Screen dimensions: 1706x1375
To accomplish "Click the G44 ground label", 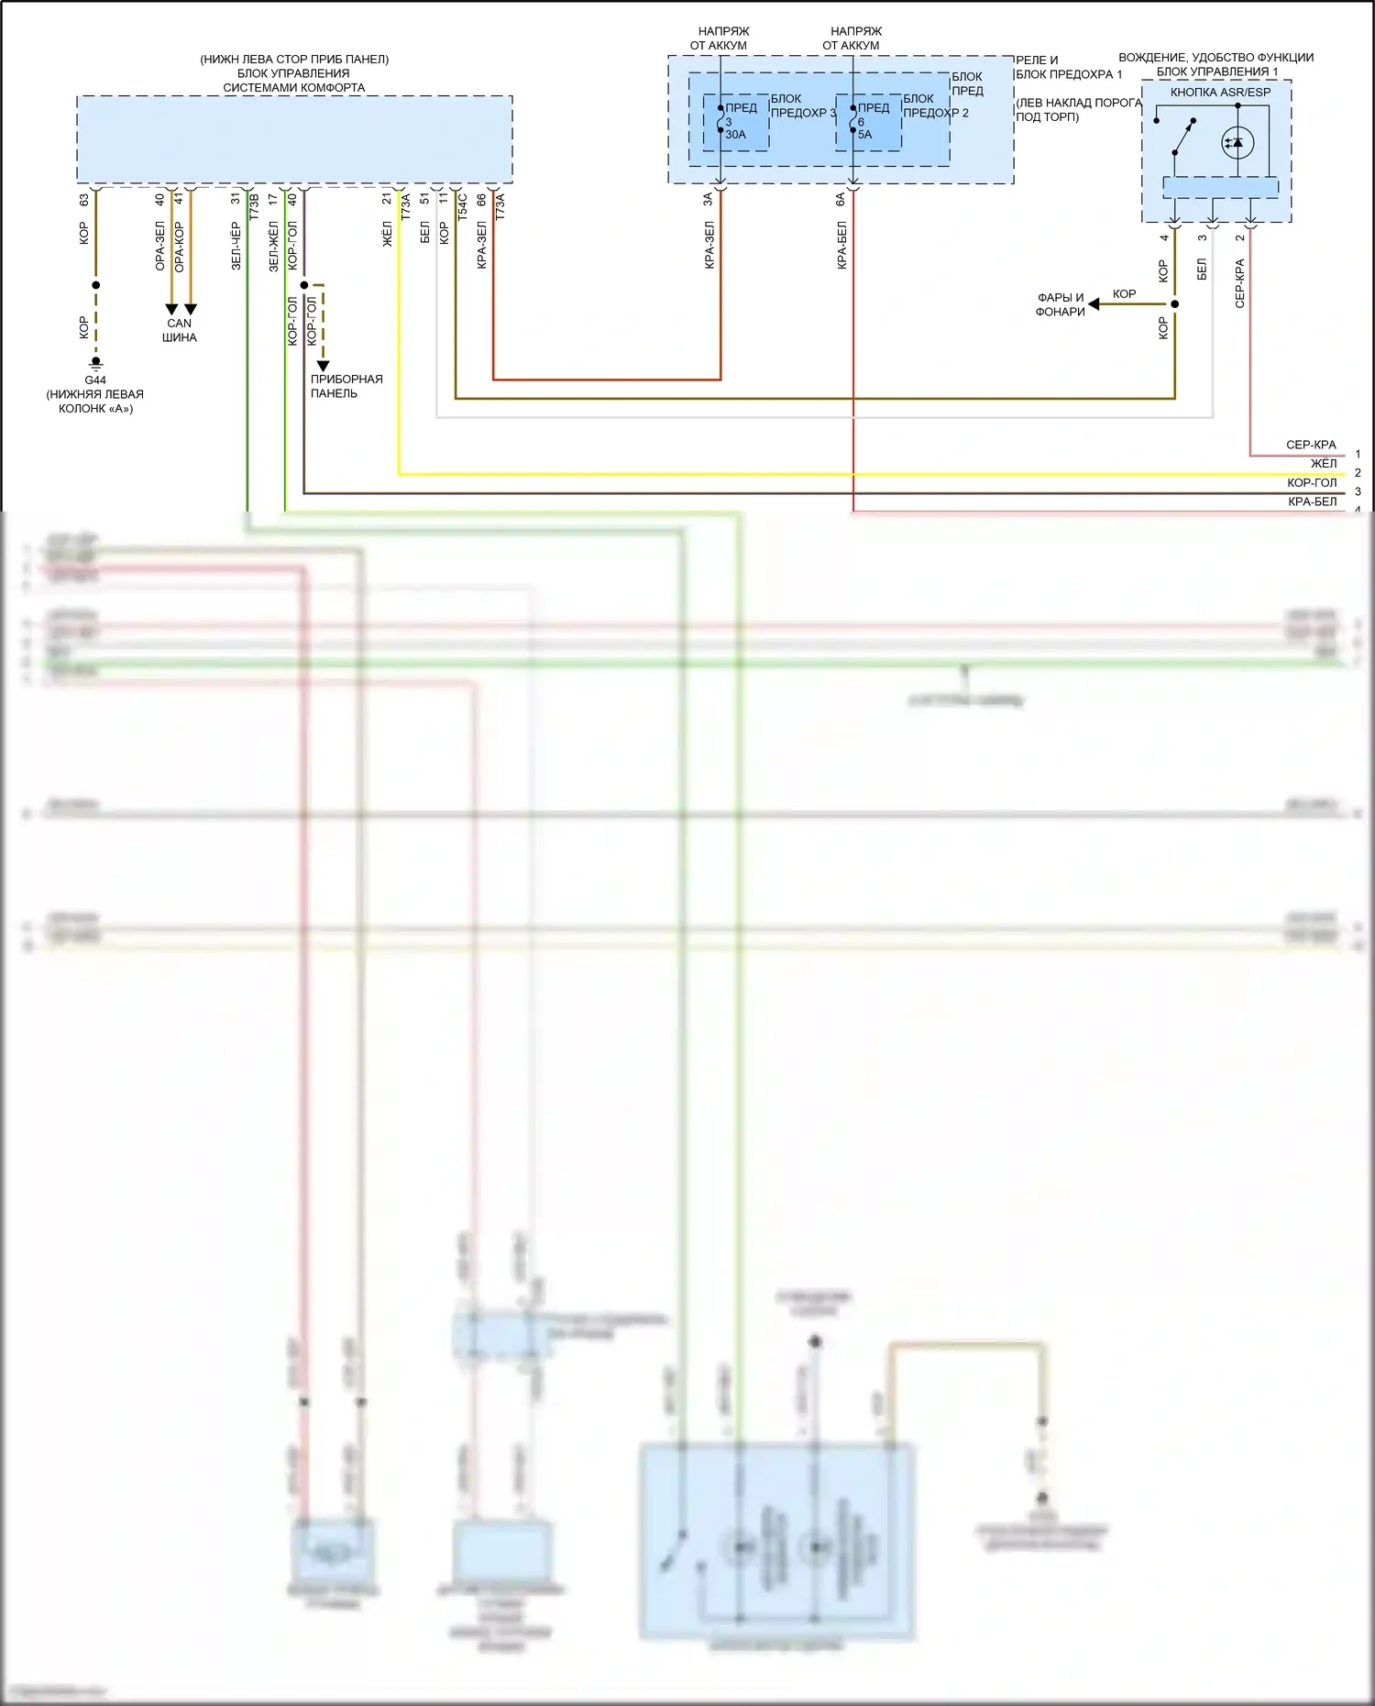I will tap(95, 380).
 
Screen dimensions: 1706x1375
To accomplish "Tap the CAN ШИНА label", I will tap(180, 330).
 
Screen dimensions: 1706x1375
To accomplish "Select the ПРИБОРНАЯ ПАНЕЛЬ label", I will tap(346, 386).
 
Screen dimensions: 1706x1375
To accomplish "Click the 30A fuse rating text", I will tap(735, 135).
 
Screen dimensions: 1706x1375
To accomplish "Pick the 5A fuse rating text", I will tap(864, 135).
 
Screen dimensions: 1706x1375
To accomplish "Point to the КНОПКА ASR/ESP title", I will tap(1220, 93).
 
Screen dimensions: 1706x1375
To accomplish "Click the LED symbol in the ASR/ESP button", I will tap(1237, 142).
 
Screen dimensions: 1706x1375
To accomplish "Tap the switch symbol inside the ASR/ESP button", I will tap(1183, 138).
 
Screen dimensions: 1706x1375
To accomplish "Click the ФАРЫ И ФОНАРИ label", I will tap(1061, 304).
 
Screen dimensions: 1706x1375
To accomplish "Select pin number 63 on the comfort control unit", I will tap(83, 199).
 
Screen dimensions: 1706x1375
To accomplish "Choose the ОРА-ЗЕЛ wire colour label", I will tap(159, 246).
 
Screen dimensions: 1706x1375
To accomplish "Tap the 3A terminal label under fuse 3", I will tap(708, 199).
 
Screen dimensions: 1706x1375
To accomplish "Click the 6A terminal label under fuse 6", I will tap(841, 199).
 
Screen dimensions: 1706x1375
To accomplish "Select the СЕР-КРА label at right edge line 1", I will tap(1311, 445).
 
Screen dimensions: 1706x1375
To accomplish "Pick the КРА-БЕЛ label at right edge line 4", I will tap(1312, 502).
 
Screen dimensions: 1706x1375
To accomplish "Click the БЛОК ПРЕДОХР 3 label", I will tap(803, 105).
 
